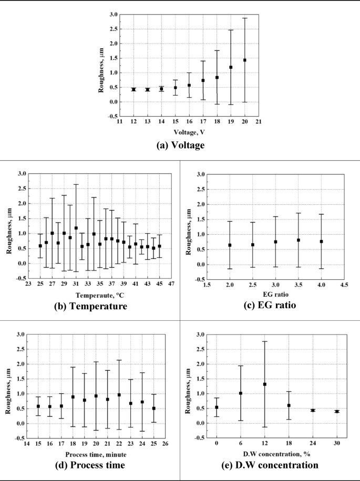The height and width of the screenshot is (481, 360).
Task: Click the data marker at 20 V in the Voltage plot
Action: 244,60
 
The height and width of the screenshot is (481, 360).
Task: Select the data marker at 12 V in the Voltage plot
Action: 133,89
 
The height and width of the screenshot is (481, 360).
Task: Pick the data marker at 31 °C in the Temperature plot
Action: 76,228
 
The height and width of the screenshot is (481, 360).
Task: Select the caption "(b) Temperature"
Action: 90,306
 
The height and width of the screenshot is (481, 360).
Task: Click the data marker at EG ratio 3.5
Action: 298,240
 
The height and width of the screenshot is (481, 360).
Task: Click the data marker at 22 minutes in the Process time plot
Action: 119,395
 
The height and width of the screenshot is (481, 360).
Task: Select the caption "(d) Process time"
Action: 90,465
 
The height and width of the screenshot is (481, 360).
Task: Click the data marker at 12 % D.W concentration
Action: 264,384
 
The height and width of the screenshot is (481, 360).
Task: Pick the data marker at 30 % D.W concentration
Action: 337,411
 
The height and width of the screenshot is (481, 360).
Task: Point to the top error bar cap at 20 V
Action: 244,18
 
